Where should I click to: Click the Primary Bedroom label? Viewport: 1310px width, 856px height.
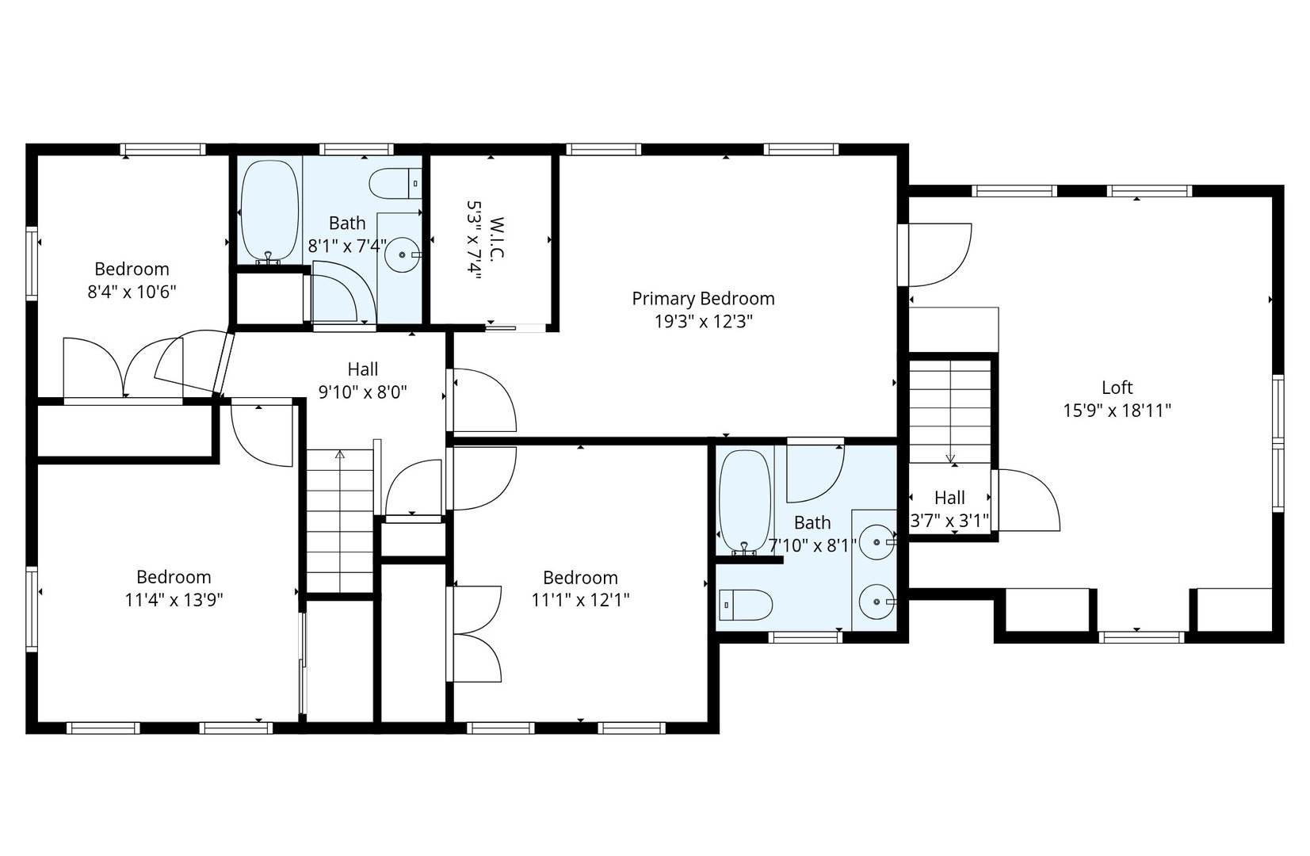tap(703, 299)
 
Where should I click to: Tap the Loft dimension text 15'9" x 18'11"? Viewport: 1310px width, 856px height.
tap(1117, 411)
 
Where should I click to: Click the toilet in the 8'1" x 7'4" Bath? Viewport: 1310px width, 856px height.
tap(395, 184)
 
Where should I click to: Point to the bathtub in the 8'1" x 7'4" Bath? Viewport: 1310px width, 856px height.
tap(269, 212)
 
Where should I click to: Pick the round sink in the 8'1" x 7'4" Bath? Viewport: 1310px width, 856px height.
tap(403, 255)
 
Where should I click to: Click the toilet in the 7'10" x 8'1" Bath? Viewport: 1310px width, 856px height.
tap(745, 605)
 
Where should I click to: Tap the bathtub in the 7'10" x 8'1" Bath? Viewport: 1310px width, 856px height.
tap(745, 501)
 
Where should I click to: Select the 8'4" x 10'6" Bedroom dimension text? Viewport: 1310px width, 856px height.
tap(132, 291)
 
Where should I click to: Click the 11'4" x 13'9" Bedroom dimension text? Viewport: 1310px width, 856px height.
tap(174, 600)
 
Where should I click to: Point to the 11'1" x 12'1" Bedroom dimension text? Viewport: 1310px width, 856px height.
tap(580, 600)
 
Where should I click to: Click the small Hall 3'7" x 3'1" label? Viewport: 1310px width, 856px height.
tap(949, 509)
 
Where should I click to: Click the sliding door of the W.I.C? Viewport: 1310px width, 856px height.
tap(516, 328)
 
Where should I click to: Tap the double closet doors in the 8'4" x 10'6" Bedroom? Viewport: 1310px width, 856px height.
tap(124, 369)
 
